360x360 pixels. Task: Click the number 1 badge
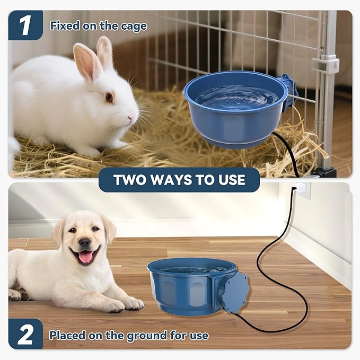tap(24, 25)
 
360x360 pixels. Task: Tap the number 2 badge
tap(25, 334)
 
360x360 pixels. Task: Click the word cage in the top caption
tap(134, 25)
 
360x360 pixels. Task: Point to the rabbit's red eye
tap(109, 97)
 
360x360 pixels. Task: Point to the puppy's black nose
tap(85, 242)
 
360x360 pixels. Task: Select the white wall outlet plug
tap(301, 189)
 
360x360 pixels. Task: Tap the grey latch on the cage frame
tap(324, 65)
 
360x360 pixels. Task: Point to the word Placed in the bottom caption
tap(66, 335)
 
